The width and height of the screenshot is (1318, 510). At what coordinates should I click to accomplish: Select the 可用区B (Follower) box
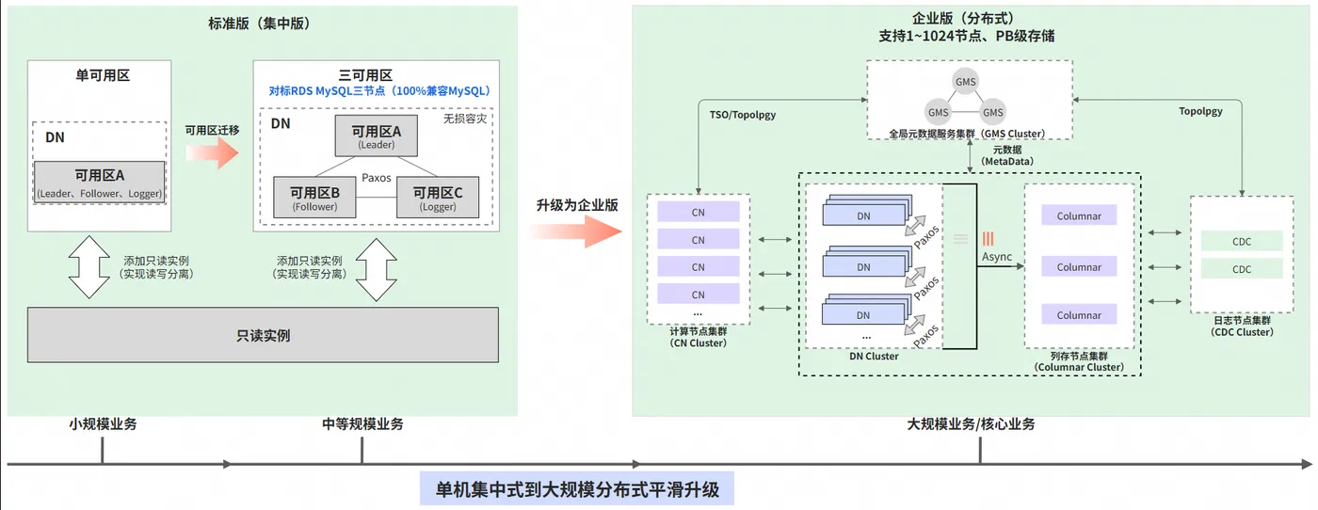[313, 198]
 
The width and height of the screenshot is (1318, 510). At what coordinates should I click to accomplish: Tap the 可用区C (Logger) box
[438, 198]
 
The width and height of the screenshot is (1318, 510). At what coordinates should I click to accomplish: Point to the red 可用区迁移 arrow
[214, 153]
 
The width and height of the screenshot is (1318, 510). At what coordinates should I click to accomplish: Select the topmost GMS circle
[965, 81]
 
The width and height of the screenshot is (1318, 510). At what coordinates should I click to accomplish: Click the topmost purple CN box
[698, 212]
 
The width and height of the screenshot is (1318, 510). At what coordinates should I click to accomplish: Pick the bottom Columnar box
[1078, 315]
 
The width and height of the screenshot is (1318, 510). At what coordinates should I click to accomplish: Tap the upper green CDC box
[1241, 242]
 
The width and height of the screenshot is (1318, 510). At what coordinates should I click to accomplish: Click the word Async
[997, 257]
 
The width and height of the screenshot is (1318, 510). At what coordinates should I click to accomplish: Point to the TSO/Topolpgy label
[743, 113]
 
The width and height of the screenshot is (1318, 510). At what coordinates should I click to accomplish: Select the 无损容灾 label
[468, 120]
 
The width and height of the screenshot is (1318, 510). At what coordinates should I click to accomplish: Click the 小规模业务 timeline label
[103, 424]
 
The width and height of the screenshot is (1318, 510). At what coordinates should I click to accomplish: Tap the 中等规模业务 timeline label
[362, 424]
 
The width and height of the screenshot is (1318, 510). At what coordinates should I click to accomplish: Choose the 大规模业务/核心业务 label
[971, 424]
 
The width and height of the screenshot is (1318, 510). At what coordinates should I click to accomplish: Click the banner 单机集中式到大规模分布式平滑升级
[577, 490]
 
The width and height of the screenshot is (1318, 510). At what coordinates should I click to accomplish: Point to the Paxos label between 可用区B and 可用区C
[377, 178]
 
